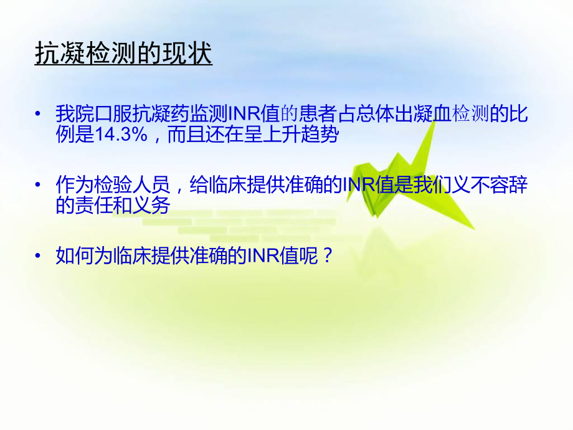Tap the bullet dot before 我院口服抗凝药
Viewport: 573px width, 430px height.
(40, 115)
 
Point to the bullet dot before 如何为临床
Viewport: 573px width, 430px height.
(40, 256)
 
